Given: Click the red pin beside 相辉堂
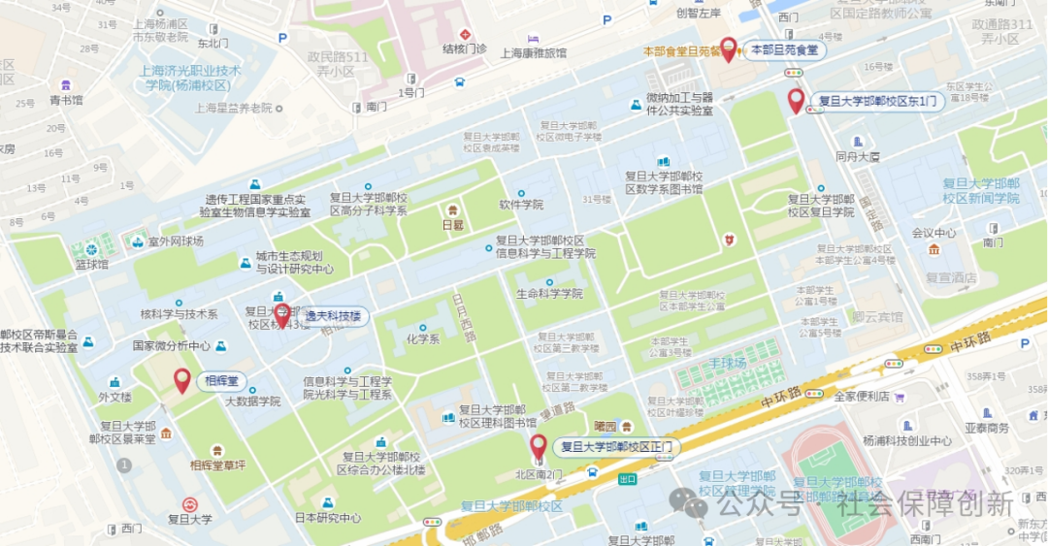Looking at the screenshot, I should coord(181,380).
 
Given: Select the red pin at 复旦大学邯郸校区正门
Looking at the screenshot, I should coord(538,446).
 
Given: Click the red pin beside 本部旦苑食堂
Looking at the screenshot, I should coord(728,48).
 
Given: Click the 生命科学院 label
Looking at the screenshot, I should coord(549,293).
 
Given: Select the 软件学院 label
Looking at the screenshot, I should coord(521,205).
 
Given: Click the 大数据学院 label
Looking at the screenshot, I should coord(252,401).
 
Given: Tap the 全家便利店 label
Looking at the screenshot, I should coord(862,396).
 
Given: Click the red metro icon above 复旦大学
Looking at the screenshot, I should coord(189,503).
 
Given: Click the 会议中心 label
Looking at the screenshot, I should coord(933,233).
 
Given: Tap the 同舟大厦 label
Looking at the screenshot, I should coord(857,155).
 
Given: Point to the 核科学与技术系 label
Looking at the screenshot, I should coord(179,314).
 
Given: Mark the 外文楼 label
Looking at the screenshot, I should coord(115,397).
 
